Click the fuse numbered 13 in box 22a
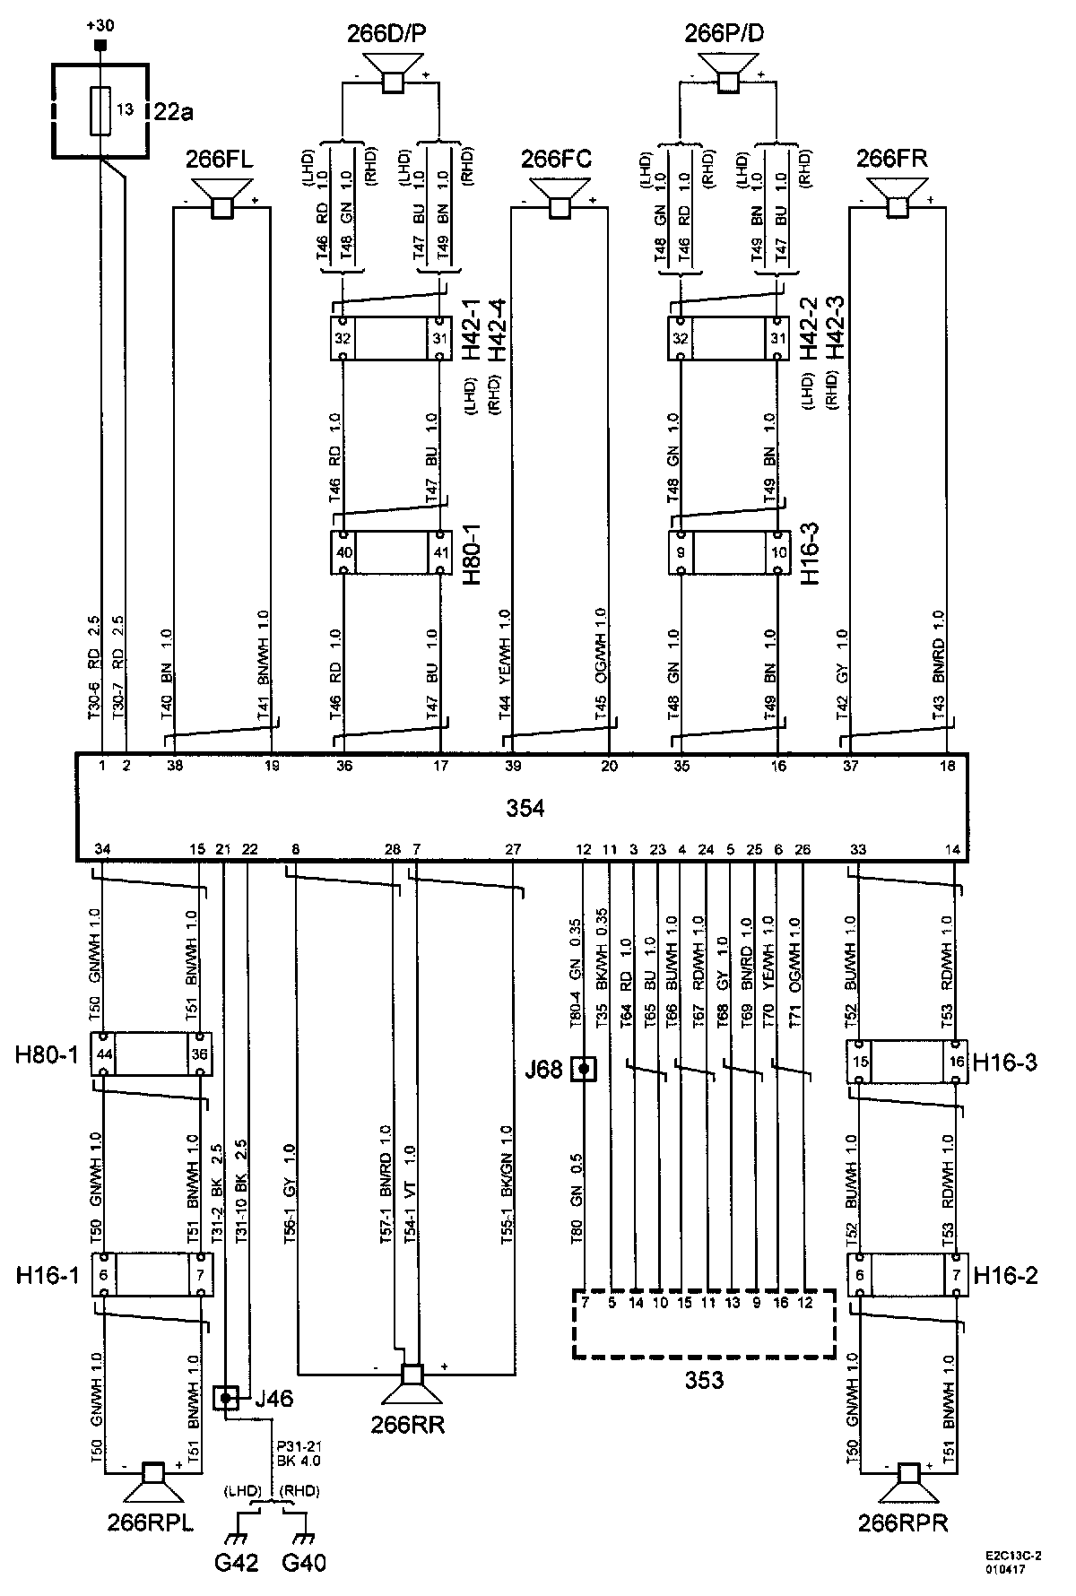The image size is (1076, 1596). [101, 111]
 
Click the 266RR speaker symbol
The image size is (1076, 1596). [412, 1382]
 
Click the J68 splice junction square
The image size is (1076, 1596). [584, 1069]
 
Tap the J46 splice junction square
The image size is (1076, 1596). [225, 1397]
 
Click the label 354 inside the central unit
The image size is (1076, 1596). [525, 808]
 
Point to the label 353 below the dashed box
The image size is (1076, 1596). [704, 1380]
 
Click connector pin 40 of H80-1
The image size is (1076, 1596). [343, 552]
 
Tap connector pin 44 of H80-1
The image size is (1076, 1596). [105, 1054]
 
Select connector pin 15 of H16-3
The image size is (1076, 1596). [860, 1063]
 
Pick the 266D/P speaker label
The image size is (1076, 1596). [386, 35]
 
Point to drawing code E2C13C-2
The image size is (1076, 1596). [1011, 1558]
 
